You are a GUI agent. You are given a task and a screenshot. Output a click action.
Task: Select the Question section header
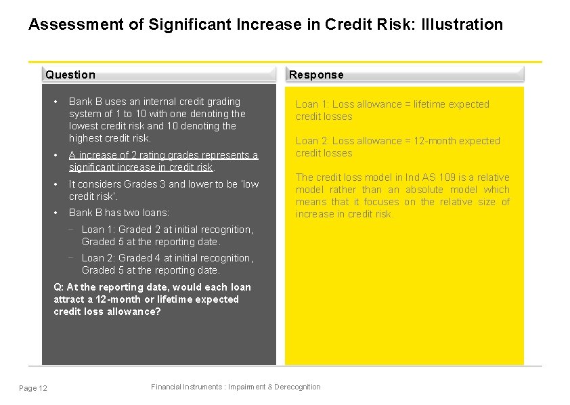(70, 74)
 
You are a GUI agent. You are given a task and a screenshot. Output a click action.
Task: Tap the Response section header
(316, 74)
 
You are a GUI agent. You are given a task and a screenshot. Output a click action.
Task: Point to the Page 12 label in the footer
(33, 388)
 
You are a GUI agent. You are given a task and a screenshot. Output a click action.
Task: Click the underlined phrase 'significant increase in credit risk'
(141, 167)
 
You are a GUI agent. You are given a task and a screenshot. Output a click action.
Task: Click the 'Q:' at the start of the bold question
(58, 287)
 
